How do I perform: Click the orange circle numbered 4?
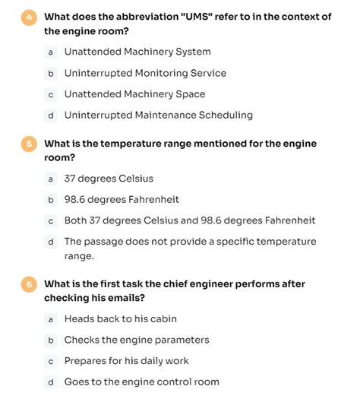click(28, 17)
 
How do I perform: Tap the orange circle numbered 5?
click(28, 144)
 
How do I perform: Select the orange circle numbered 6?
click(28, 284)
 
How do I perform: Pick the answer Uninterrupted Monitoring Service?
click(145, 73)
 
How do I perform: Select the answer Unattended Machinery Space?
click(134, 94)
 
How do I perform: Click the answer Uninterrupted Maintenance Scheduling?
click(158, 116)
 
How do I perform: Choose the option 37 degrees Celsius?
click(109, 179)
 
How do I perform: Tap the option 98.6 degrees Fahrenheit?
click(122, 200)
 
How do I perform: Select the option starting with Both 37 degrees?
click(189, 220)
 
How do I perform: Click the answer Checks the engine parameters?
click(137, 340)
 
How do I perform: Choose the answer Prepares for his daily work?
click(126, 361)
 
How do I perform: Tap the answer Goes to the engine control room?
click(141, 382)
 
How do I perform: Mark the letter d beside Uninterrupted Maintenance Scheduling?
click(50, 116)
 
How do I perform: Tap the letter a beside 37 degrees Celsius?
click(50, 179)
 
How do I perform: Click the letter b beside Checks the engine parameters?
click(50, 340)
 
